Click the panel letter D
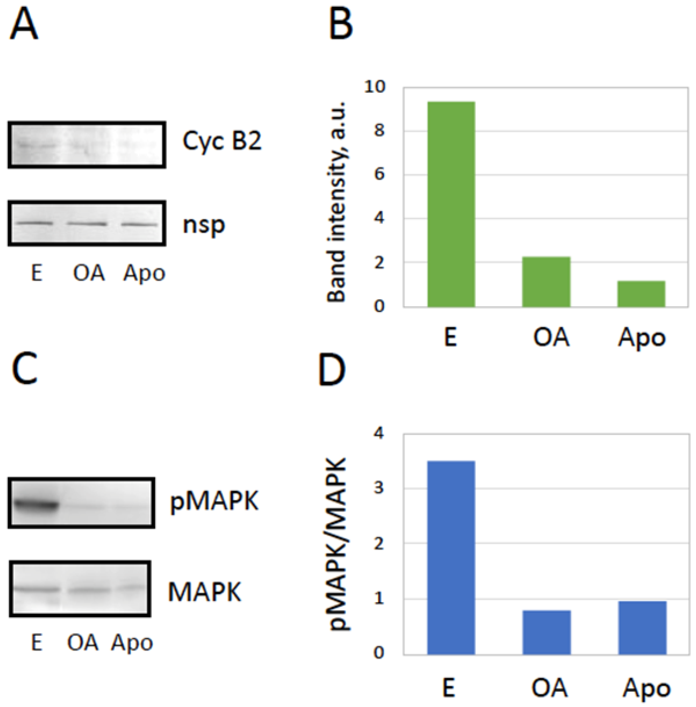[x=332, y=370]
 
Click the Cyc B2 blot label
[x=222, y=141]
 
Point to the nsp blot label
[x=204, y=225]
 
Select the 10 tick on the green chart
[x=375, y=87]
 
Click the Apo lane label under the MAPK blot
[x=132, y=642]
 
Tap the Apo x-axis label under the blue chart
[x=646, y=688]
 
